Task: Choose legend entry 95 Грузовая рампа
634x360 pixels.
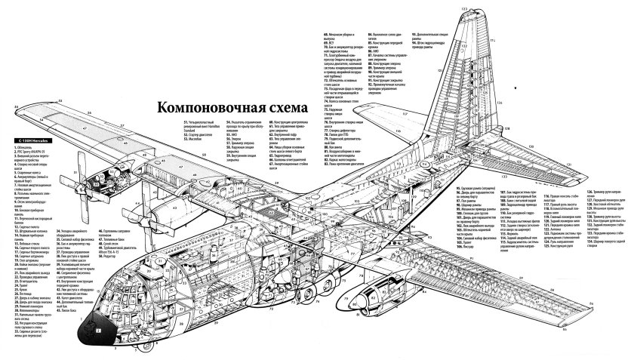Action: coord(476,187)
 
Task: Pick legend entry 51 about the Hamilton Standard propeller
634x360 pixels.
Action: coord(204,125)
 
